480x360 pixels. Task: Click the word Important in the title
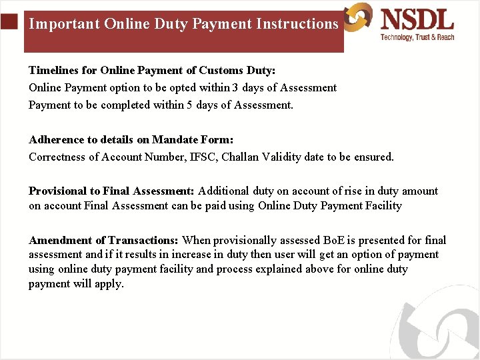[x=63, y=24]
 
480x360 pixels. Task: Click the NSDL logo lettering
[x=417, y=18]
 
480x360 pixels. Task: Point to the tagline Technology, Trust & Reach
[x=417, y=37]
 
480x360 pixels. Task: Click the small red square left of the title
[x=8, y=23]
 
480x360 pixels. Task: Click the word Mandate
[x=175, y=140]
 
